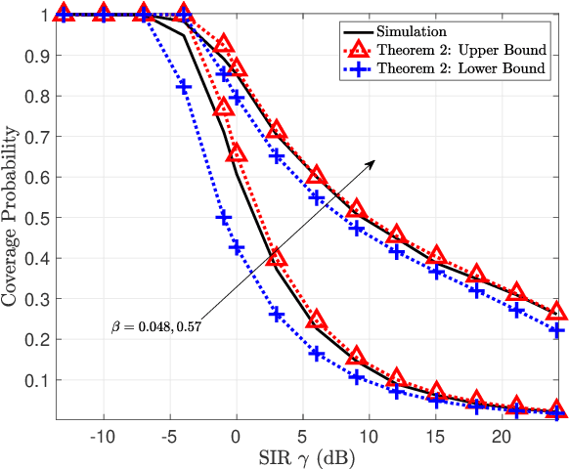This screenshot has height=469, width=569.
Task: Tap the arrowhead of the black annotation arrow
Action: click(373, 162)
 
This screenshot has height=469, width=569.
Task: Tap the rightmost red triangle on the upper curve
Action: click(556, 312)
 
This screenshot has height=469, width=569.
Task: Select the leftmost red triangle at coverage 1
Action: click(64, 14)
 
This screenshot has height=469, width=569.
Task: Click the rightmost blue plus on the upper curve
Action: click(556, 330)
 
